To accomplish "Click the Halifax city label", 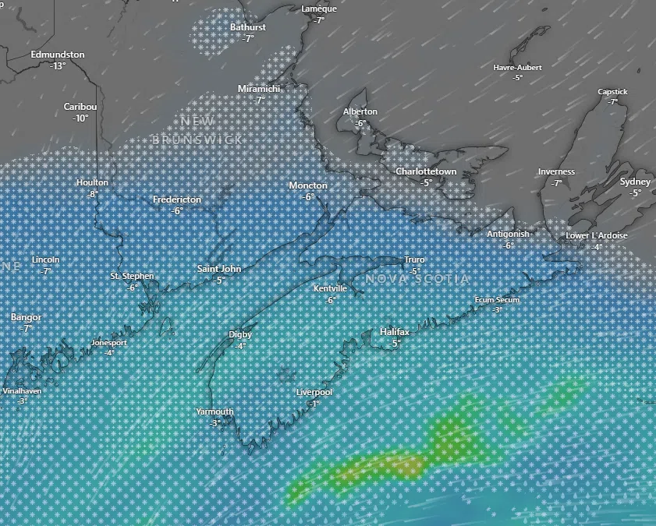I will tap(395, 332).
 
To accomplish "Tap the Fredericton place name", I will tap(177, 199).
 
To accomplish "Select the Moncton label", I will tap(308, 185).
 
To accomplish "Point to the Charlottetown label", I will tap(426, 171).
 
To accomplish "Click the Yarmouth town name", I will tap(215, 411).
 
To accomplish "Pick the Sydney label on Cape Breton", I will tap(635, 182).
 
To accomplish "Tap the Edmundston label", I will tap(58, 55).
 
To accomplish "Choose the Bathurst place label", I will tap(248, 27).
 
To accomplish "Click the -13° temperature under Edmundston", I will tap(58, 66).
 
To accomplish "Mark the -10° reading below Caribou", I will tap(80, 118).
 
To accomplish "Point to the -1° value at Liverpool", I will tap(314, 404).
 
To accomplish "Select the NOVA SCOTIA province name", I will tap(417, 279).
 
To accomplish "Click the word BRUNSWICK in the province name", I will tap(197, 139).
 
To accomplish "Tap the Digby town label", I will tap(240, 334).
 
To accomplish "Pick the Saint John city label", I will tap(219, 269).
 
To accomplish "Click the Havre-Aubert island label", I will tap(517, 68).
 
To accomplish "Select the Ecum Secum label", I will tap(497, 300).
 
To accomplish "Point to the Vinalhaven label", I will tap(22, 391).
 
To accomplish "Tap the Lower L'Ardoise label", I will tap(597, 236).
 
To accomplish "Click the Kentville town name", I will tap(330, 289).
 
